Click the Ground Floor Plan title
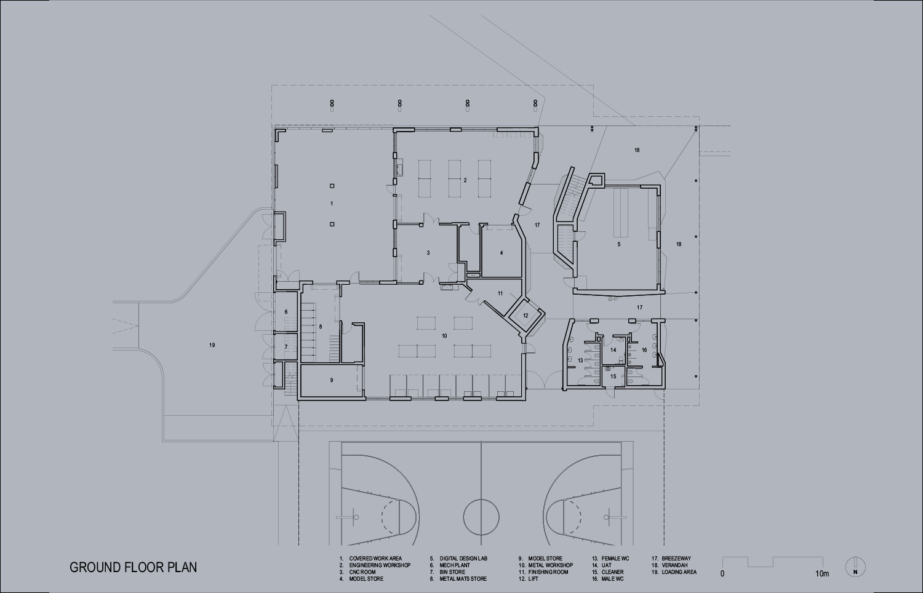[133, 567]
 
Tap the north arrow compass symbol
[855, 567]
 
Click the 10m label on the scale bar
[821, 574]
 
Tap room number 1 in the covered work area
[332, 204]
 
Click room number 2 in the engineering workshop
[465, 180]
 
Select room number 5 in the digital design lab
[619, 244]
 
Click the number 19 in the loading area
[212, 345]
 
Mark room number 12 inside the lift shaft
[525, 316]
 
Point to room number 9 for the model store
[332, 380]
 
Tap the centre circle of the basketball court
[481, 517]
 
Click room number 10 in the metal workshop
[444, 336]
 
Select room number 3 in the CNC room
[428, 253]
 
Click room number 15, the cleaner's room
[613, 376]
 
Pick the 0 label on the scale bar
[722, 574]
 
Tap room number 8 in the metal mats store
[321, 327]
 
